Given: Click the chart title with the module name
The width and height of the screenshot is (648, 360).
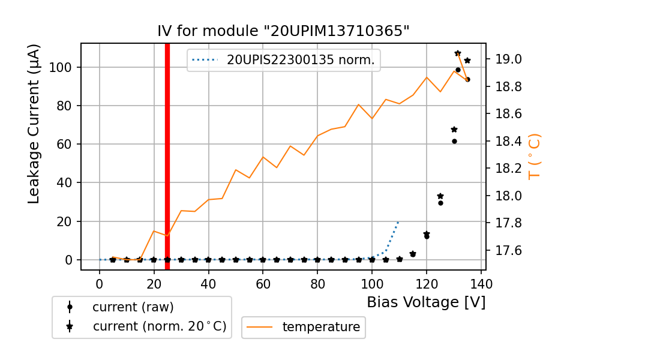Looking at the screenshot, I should [283, 31].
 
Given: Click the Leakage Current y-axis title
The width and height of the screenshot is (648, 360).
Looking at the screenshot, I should [34, 124].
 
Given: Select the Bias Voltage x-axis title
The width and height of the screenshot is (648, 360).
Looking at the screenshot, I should [426, 302].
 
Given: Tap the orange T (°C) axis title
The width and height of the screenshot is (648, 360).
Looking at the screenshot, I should [534, 157].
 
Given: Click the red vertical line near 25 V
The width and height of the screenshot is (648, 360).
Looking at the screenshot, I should [167, 156].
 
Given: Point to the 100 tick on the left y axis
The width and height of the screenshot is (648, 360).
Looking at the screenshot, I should [64, 67].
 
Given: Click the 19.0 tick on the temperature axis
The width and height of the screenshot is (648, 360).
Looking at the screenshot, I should [508, 59].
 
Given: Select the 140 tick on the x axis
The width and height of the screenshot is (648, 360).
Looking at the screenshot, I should [481, 283].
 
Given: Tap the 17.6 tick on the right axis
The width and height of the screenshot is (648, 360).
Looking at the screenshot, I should [508, 250].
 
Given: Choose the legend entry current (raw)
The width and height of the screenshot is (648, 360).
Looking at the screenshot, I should [133, 307].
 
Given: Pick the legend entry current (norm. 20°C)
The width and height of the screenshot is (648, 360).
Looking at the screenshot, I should [159, 327].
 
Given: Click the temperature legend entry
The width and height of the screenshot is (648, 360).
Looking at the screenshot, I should [321, 327].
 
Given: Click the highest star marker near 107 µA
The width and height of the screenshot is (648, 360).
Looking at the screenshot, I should [458, 53].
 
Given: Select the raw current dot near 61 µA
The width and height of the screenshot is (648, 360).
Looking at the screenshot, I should [454, 141].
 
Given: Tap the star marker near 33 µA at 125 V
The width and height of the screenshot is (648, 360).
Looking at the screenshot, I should [440, 196].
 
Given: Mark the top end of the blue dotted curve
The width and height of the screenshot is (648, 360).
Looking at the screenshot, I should [398, 222].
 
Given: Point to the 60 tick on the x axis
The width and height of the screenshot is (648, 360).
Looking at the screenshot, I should [263, 283].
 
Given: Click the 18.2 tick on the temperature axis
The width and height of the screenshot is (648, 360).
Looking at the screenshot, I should [508, 169].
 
